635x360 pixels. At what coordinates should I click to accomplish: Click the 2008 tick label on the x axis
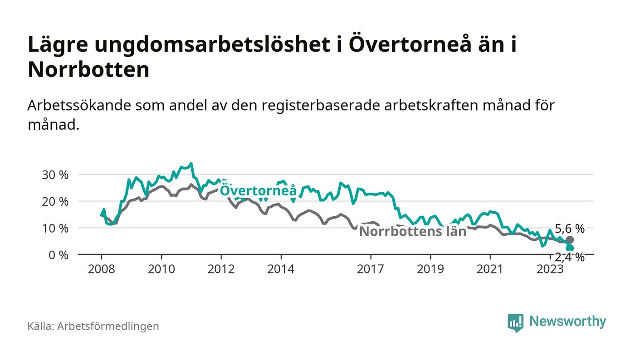[101, 269]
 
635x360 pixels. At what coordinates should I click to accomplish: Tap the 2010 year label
[161, 269]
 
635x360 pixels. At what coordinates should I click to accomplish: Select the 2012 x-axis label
[221, 269]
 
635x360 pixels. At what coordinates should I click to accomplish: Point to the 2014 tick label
[281, 269]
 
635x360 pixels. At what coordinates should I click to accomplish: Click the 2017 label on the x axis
[371, 269]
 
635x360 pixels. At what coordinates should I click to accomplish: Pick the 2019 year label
[430, 269]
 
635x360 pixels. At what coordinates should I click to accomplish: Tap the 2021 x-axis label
[490, 269]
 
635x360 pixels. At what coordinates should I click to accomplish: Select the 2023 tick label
[550, 269]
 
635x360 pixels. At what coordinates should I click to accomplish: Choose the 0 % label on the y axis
[58, 255]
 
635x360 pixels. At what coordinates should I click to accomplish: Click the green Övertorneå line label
[258, 190]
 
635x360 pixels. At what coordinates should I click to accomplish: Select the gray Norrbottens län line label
[413, 232]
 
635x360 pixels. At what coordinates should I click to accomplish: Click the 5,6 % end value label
[570, 229]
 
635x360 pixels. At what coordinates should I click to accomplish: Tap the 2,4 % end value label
[570, 258]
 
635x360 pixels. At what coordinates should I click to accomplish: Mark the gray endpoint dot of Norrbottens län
[570, 239]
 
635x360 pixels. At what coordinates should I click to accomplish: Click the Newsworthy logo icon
[515, 323]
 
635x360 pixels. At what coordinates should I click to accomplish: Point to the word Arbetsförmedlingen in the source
[108, 326]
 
